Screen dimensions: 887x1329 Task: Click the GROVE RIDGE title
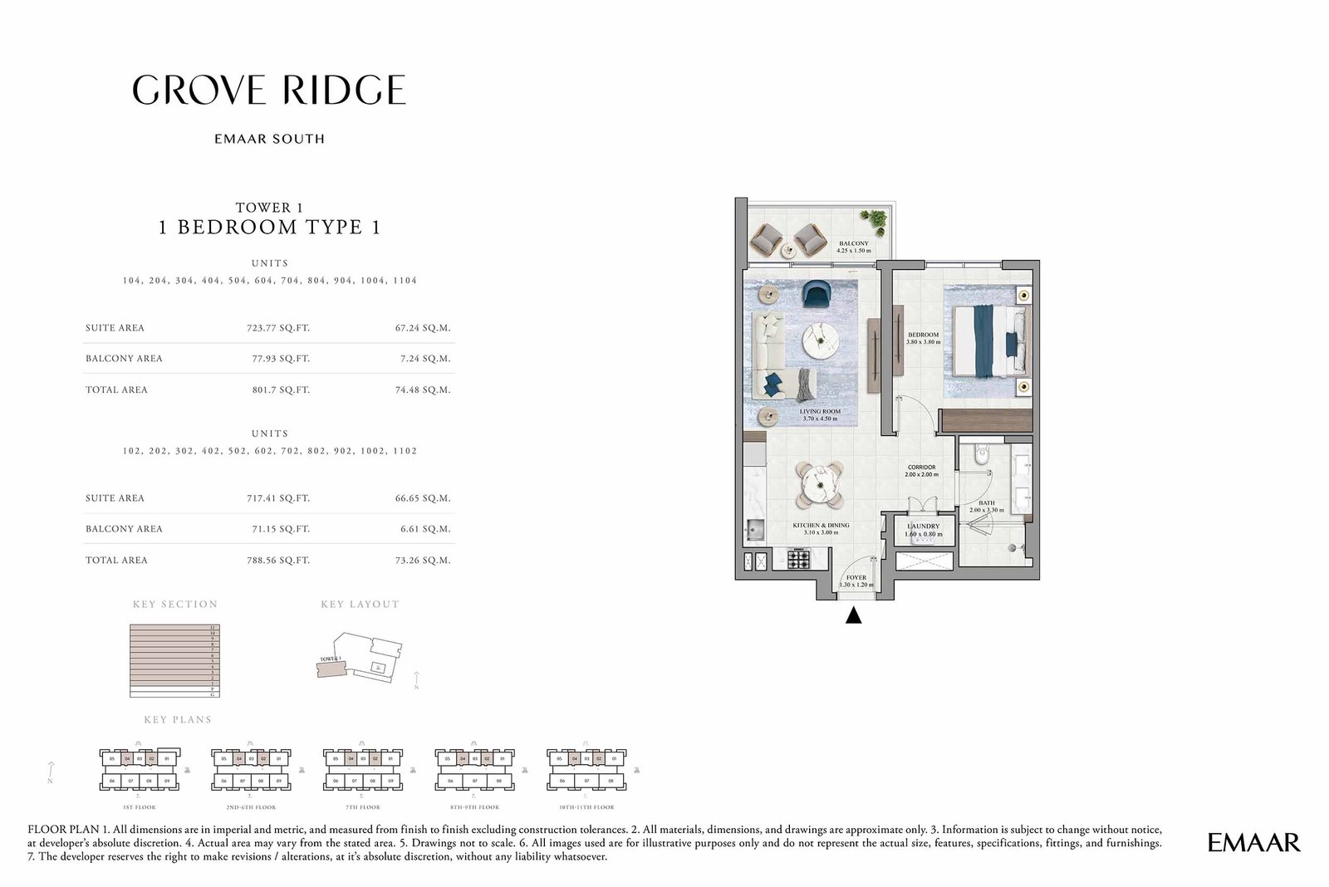[x=269, y=90]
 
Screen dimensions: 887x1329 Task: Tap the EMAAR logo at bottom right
[x=1253, y=842]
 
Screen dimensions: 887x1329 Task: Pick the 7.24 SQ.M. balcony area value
[x=423, y=359]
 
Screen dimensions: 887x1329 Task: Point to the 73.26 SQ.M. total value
[x=423, y=561]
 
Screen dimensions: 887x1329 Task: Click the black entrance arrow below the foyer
[x=853, y=616]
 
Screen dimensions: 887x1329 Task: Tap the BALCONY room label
[x=854, y=244]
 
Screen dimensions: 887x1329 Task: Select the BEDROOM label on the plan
[x=923, y=336]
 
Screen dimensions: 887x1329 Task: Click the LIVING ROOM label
[x=820, y=412]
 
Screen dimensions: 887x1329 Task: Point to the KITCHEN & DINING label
[x=821, y=526]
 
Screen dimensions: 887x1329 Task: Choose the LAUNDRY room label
[x=924, y=527]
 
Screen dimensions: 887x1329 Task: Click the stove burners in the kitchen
[x=798, y=559]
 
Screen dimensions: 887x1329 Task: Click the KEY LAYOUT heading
[x=360, y=605]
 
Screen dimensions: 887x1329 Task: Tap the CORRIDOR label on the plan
[x=922, y=468]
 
